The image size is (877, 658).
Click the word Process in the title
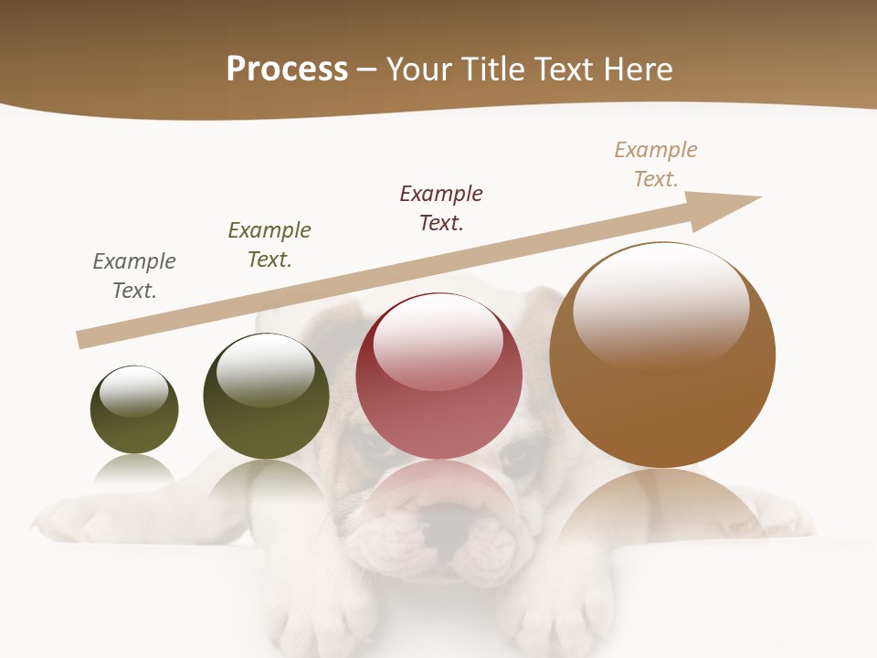tap(287, 69)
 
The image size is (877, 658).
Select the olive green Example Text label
tap(269, 245)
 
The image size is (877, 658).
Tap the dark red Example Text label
tap(441, 208)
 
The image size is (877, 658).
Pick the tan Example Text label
tap(656, 164)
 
